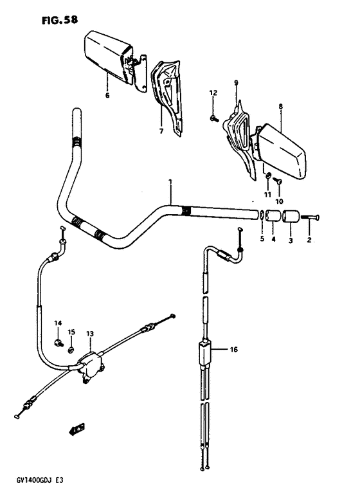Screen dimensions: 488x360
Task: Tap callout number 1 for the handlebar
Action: [170, 183]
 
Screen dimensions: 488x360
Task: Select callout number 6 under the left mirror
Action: [107, 95]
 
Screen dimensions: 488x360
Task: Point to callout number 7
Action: [161, 131]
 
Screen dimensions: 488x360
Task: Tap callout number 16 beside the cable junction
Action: [233, 350]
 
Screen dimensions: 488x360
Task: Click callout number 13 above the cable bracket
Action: [90, 334]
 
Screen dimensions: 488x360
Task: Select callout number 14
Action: [57, 323]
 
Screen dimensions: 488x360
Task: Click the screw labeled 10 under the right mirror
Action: [278, 183]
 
